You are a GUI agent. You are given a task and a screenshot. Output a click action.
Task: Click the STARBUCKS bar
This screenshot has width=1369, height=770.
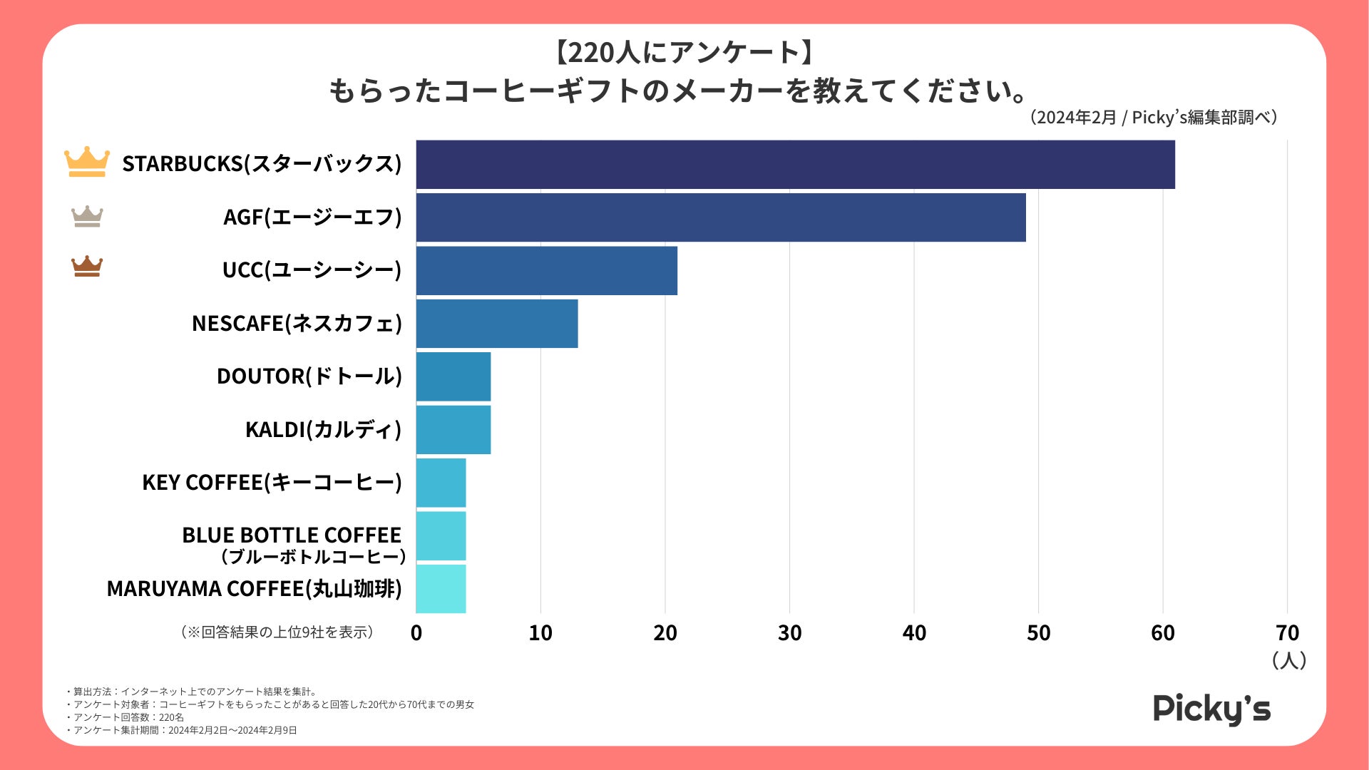coord(795,165)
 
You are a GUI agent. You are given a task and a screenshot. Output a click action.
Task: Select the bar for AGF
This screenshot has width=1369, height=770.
coord(720,217)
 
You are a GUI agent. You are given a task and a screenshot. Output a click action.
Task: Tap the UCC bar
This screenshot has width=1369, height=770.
coord(546,271)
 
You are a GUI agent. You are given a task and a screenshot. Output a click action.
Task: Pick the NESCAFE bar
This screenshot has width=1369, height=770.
coord(497,324)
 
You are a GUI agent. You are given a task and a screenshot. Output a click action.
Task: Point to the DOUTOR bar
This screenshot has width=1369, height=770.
coord(453,376)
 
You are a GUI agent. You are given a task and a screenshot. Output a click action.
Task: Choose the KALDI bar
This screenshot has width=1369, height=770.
coord(453,430)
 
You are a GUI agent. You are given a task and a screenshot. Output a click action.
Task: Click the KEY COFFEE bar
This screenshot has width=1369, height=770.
coord(441,483)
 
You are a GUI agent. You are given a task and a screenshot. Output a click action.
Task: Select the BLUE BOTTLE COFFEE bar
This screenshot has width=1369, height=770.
coord(441,536)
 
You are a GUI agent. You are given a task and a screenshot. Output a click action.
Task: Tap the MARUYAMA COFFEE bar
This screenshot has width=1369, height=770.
coord(441,589)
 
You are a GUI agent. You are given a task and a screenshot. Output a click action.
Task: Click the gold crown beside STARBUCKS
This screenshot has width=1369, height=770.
coord(87,162)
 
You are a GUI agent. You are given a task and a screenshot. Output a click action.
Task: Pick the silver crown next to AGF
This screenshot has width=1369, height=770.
coord(87,216)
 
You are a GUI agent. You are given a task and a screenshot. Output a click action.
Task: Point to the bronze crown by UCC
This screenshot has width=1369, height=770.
coord(87,266)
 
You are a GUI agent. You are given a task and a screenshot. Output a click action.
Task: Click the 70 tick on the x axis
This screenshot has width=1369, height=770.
coord(1287,633)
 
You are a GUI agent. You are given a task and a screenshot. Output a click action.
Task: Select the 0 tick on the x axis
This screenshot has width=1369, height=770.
coord(416,633)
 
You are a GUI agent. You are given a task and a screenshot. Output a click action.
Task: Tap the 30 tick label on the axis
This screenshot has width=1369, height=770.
coord(789,633)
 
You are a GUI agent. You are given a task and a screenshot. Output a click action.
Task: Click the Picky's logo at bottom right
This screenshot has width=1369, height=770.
coord(1211,709)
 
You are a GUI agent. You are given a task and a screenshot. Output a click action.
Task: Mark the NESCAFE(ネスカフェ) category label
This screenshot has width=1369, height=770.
coord(297,324)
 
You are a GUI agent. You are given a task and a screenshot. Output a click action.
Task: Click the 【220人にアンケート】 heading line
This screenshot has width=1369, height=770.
coord(684,52)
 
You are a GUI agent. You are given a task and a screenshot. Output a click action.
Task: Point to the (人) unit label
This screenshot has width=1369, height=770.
coord(1288,660)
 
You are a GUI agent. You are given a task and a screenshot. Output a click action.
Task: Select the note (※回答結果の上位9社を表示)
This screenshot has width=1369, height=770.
coord(277,632)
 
